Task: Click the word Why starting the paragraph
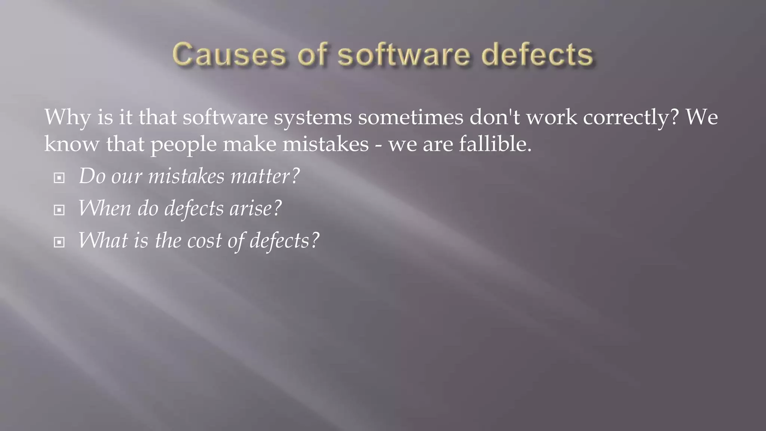click(x=67, y=117)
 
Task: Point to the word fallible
click(x=495, y=144)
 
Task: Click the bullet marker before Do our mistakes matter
click(x=59, y=178)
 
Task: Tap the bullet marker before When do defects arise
click(x=59, y=210)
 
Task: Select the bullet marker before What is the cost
click(x=59, y=242)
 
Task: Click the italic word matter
click(x=264, y=176)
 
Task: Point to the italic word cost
click(x=204, y=241)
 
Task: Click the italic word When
click(x=104, y=208)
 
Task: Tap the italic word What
click(x=103, y=241)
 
